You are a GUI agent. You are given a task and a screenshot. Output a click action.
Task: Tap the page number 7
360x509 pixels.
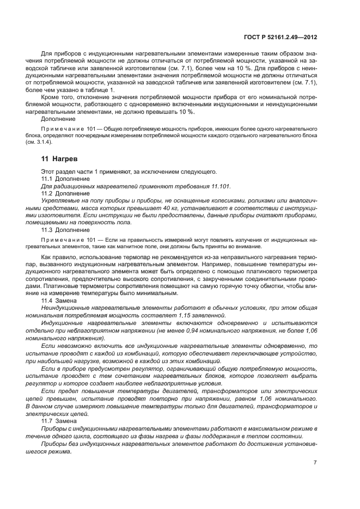(315, 463)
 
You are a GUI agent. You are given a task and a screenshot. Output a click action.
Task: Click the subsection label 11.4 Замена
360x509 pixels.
(59, 300)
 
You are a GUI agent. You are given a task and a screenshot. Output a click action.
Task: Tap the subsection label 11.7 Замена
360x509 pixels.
(59, 421)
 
